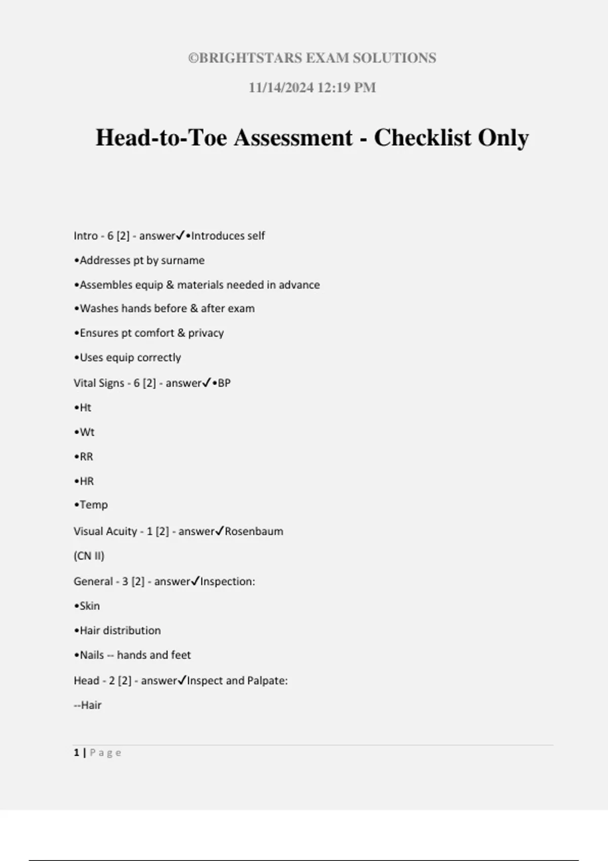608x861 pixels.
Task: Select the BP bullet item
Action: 223,383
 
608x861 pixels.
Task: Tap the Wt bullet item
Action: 87,432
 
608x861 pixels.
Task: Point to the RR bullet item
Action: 86,457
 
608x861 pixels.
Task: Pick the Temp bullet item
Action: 93,505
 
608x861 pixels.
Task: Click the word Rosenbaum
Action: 254,531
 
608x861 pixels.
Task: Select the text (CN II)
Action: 89,556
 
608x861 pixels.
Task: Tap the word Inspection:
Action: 227,581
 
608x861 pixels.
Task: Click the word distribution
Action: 134,631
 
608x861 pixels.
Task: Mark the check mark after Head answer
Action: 182,680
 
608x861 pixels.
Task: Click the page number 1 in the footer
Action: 77,753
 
